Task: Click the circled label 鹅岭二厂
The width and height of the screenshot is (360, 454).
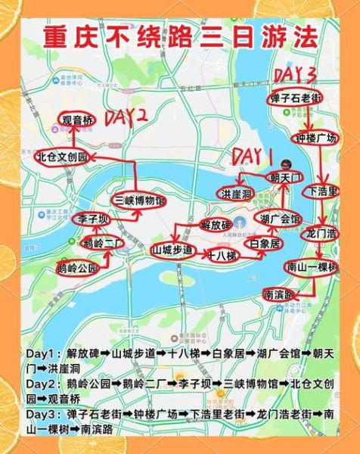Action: pyautogui.click(x=103, y=243)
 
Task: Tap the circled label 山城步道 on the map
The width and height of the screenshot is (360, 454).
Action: pyautogui.click(x=173, y=249)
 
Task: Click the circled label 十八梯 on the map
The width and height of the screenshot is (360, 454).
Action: pyautogui.click(x=222, y=256)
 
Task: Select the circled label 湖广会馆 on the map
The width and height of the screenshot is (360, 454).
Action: pyautogui.click(x=280, y=219)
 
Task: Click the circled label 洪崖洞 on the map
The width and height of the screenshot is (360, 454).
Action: pyautogui.click(x=236, y=194)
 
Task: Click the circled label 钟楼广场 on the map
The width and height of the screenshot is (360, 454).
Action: pyautogui.click(x=315, y=139)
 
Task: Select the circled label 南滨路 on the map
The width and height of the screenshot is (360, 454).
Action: pyautogui.click(x=279, y=293)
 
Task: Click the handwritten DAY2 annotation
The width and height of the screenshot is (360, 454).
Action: pyautogui.click(x=125, y=117)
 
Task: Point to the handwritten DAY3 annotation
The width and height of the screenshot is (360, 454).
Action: pyautogui.click(x=296, y=73)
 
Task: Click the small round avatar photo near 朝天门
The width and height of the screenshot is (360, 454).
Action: pyautogui.click(x=286, y=164)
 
